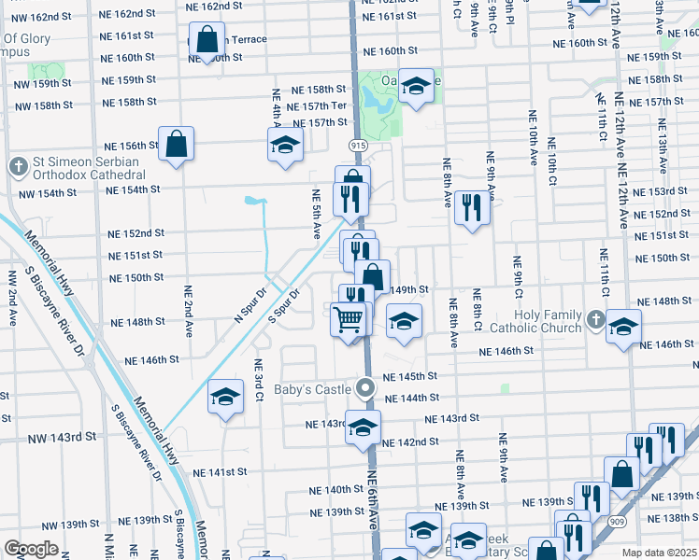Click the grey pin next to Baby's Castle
367,386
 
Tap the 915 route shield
359,146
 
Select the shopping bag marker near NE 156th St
176,144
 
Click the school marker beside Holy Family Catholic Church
623,328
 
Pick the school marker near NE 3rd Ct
225,396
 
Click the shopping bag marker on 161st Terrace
208,39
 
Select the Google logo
31,549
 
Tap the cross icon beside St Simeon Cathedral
17,167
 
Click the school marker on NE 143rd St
364,427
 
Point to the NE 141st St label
223,473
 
